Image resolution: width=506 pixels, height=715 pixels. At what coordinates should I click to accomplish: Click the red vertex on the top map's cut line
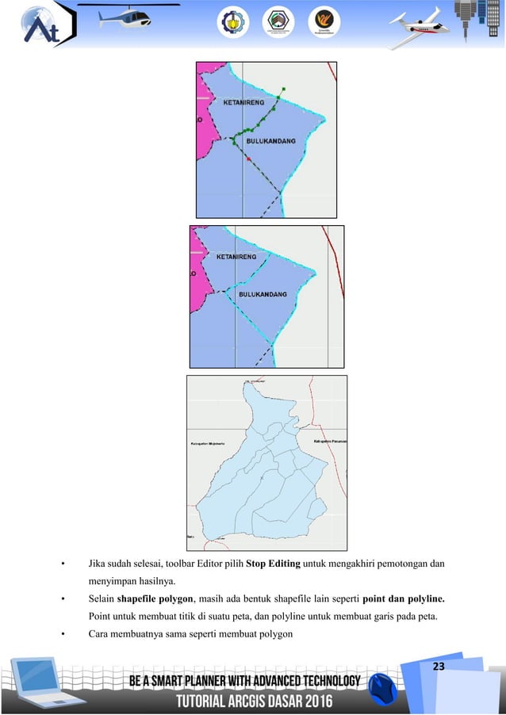click(249, 160)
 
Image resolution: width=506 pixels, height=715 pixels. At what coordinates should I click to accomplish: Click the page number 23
click(439, 665)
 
